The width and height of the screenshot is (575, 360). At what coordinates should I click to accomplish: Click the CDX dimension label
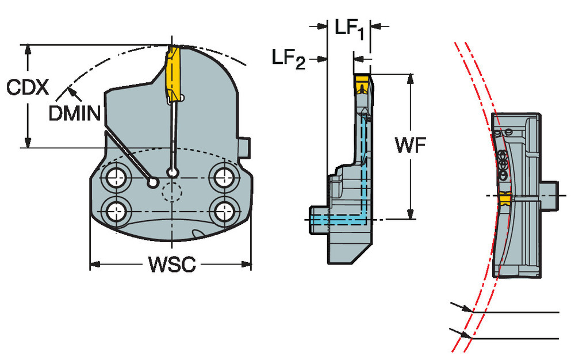tap(27, 88)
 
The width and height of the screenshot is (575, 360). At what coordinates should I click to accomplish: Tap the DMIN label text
tap(75, 113)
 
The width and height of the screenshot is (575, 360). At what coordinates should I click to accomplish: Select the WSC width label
tap(172, 265)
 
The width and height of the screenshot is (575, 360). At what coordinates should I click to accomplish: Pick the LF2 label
tap(289, 59)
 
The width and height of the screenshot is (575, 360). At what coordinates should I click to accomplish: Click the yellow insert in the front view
tap(172, 72)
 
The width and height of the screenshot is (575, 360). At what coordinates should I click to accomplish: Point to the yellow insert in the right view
tap(504, 199)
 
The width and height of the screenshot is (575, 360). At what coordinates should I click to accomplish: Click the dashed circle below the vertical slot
tap(171, 193)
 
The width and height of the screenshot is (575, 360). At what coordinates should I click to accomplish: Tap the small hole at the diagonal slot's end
tap(152, 183)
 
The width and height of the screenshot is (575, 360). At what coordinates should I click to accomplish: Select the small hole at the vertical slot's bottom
tap(171, 171)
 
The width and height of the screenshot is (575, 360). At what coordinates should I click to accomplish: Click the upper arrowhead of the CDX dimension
tap(27, 49)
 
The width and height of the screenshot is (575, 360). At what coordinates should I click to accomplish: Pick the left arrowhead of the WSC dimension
tap(95, 265)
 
